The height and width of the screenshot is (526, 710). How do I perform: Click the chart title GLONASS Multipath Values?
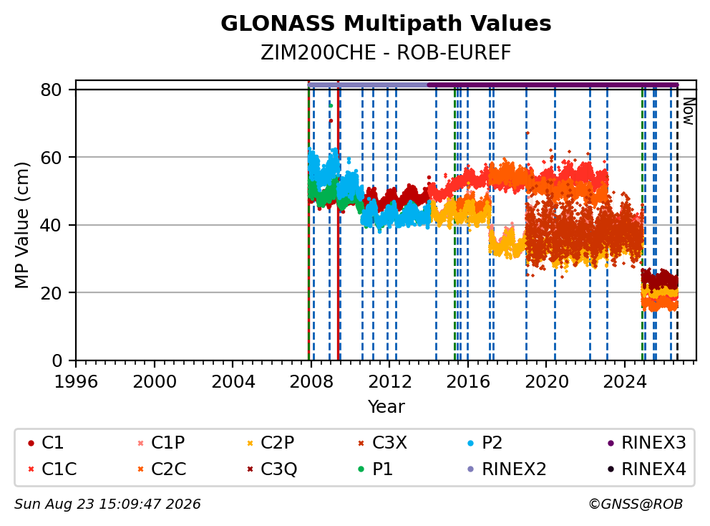click(386, 24)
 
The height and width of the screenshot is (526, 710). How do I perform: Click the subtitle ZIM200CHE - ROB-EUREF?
click(386, 52)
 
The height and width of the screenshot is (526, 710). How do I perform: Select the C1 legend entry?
click(45, 443)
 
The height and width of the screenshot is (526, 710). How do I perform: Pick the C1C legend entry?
click(52, 469)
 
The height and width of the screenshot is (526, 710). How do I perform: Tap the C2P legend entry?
click(271, 443)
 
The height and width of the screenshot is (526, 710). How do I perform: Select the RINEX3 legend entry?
click(646, 443)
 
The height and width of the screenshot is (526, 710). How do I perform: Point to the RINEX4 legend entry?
click(646, 469)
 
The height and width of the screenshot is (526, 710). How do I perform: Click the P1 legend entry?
click(375, 469)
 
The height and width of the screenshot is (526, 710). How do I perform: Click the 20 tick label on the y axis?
click(51, 293)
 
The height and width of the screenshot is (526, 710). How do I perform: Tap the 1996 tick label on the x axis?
click(76, 382)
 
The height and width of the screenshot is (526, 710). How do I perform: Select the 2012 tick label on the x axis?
click(390, 382)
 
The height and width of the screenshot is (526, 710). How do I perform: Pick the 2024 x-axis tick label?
click(624, 382)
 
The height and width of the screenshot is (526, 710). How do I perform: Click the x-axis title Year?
click(386, 407)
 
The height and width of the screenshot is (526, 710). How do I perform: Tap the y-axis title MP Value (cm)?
click(21, 225)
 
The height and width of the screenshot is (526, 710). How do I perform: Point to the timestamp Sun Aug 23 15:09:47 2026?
click(107, 504)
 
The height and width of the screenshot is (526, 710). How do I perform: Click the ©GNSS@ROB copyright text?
click(636, 504)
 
